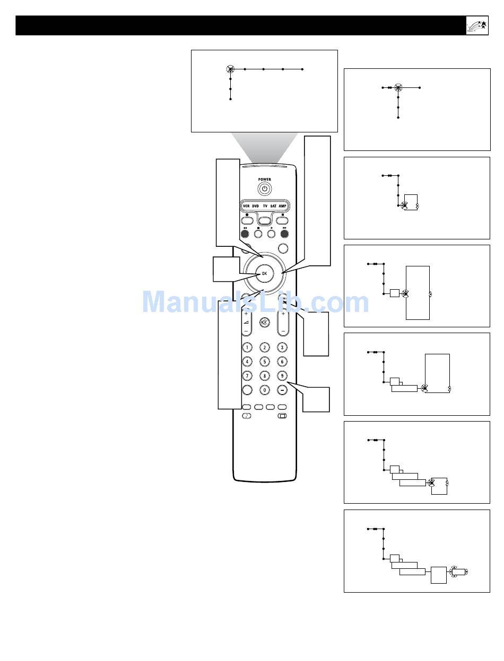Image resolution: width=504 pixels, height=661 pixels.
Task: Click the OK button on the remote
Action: [264, 273]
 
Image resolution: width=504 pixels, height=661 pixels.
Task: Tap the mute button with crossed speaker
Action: [264, 323]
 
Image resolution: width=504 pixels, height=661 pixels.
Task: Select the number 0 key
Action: [265, 390]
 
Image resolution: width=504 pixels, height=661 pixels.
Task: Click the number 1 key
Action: [247, 347]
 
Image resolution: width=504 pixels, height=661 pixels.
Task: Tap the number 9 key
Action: [283, 376]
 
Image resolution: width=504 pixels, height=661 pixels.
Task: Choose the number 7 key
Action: [247, 376]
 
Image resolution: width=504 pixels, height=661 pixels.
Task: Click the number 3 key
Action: [283, 347]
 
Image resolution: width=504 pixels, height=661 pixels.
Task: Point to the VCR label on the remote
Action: [246, 206]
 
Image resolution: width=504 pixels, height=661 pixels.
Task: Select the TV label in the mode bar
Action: [265, 206]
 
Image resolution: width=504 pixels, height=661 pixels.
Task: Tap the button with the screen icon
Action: [282, 416]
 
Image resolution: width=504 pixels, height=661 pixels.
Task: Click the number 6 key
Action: [283, 362]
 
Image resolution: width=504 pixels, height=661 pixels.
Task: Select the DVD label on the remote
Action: [255, 206]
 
